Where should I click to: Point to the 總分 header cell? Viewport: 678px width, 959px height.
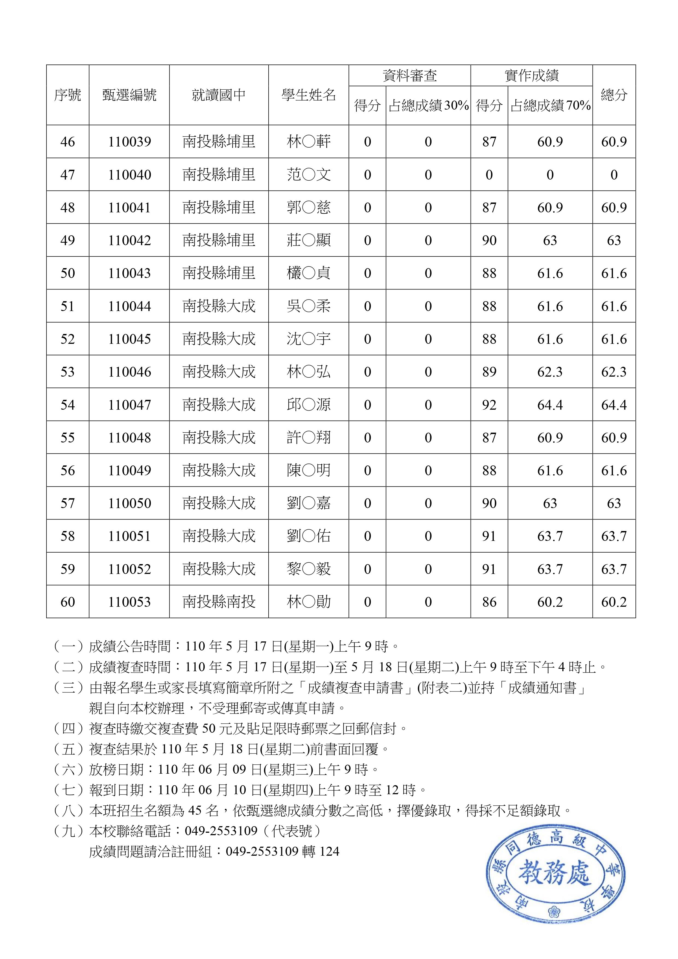pos(614,95)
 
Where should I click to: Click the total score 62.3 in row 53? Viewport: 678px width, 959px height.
pos(614,372)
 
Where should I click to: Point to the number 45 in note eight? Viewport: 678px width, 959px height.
pos(195,811)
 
